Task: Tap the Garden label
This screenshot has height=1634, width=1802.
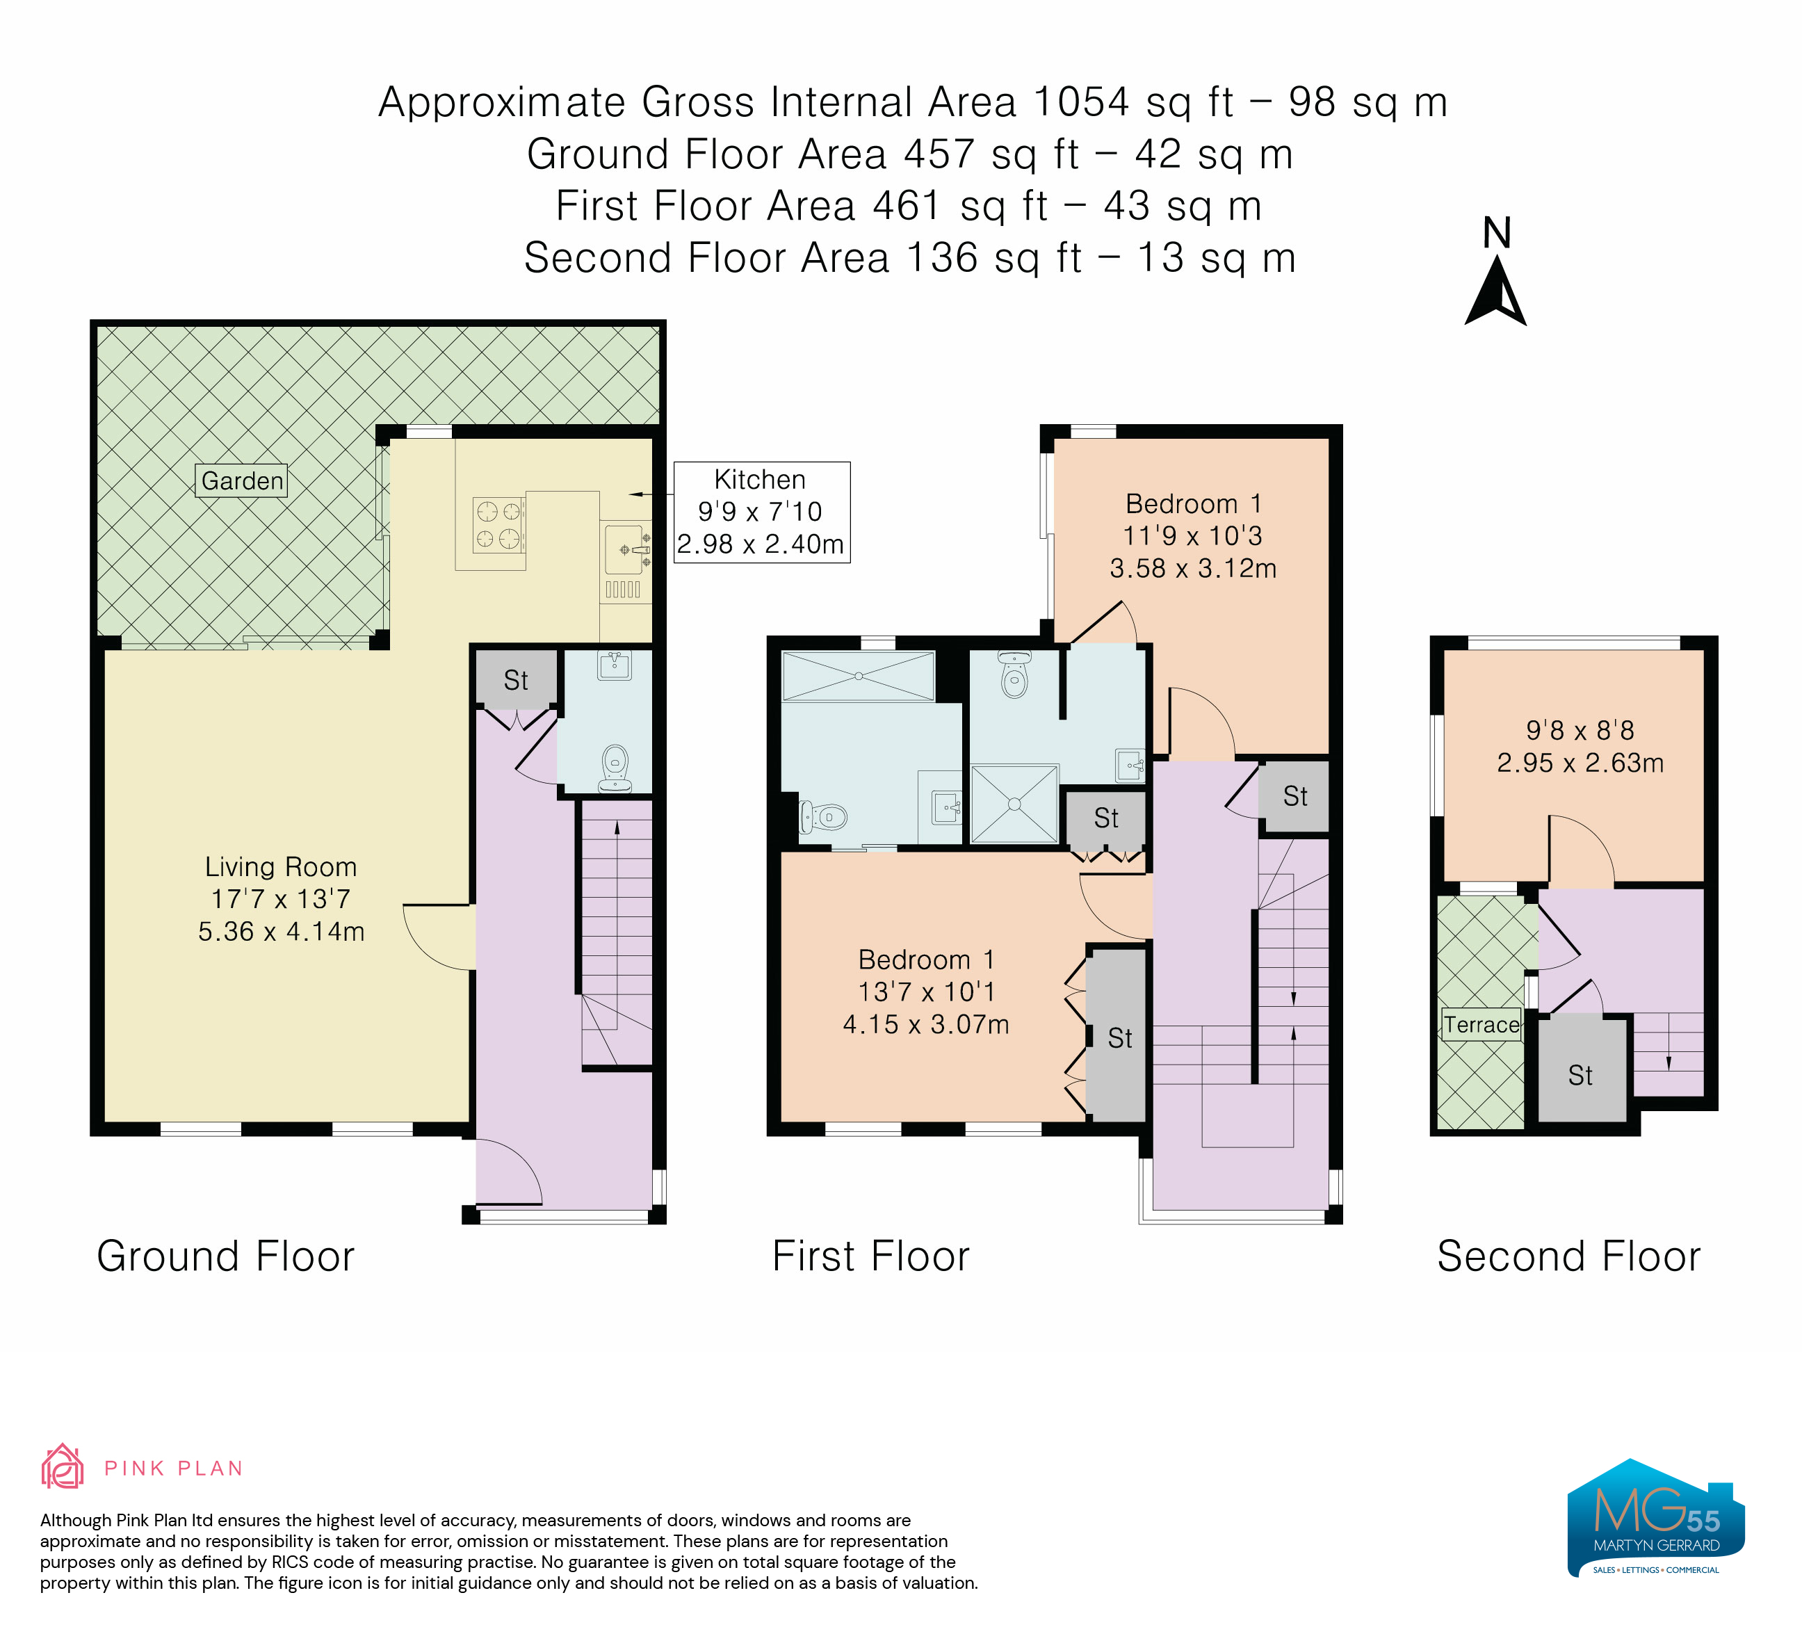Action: [x=241, y=481]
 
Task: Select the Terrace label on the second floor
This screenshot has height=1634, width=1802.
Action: [x=1481, y=1024]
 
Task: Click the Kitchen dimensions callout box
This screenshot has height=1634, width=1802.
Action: [x=761, y=512]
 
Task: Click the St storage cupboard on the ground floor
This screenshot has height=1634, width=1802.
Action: [x=516, y=679]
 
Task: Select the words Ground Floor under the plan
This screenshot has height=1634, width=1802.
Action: [x=226, y=1256]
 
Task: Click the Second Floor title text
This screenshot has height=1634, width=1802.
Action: [x=1568, y=1256]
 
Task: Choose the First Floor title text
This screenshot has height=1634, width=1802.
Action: [x=870, y=1256]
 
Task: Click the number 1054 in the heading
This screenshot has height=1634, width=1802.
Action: [x=1082, y=102]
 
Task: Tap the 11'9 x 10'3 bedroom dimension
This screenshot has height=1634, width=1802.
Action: [x=1192, y=535]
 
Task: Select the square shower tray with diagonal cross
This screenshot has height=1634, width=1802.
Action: [x=1014, y=804]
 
